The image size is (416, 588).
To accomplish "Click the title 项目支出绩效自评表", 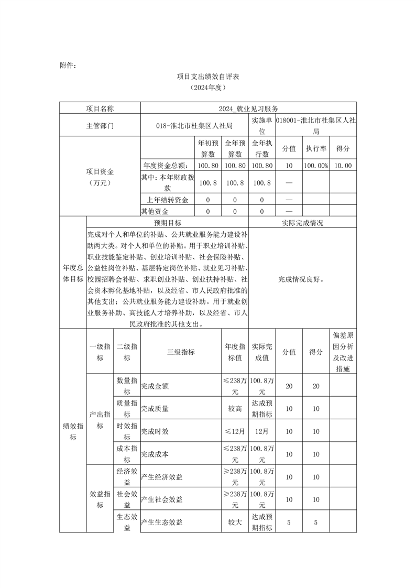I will tap(208, 77).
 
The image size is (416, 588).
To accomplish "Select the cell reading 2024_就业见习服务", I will tap(249, 108).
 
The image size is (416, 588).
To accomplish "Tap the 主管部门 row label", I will tap(100, 126).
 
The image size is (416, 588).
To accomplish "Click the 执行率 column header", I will tap(316, 148).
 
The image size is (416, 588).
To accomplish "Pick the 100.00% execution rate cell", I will tap(316, 166).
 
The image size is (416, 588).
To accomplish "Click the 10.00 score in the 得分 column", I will tap(343, 166).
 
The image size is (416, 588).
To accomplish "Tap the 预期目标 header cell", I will tap(168, 223).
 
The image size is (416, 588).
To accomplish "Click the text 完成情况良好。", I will tap(302, 279).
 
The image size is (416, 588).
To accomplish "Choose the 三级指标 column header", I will tap(181, 352).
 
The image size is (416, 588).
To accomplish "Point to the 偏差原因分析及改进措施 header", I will tap(343, 352).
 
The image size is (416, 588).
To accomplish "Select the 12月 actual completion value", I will tap(262, 431).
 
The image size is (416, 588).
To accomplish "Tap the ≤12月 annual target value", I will tap(235, 431).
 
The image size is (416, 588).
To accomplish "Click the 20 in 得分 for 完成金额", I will tap(316, 386).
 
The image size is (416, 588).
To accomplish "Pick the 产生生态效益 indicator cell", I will tap(162, 522).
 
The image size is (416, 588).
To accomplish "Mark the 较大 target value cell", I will tap(235, 522).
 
